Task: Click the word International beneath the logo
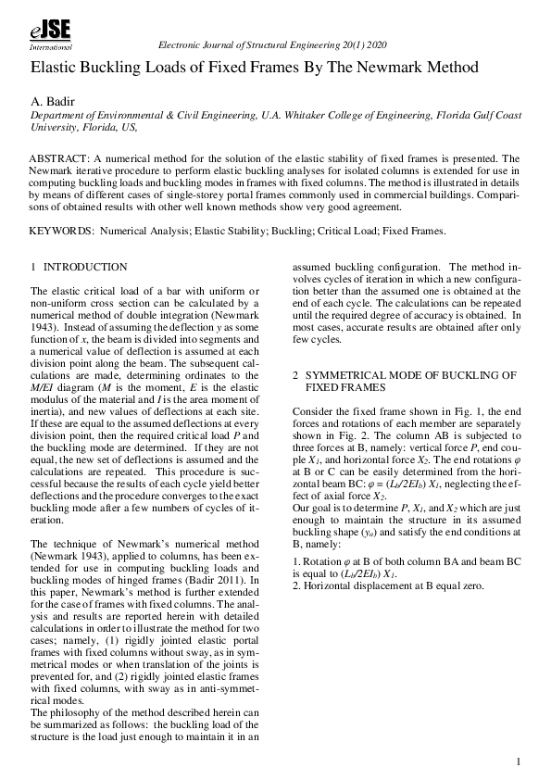pos(52,45)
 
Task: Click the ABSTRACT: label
pos(63,159)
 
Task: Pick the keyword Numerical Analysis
pos(143,231)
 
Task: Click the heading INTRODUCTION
pos(85,267)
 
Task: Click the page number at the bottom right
pos(520,761)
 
